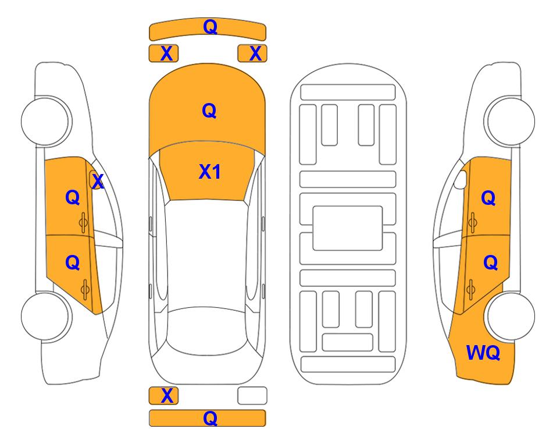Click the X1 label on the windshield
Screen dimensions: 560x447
(x=210, y=172)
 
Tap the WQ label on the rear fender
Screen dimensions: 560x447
(x=483, y=353)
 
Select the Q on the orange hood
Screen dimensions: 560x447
(x=209, y=111)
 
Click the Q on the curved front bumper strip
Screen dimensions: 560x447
(x=211, y=26)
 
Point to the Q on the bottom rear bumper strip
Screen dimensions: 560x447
(x=211, y=418)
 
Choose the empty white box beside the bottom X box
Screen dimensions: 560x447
(x=252, y=396)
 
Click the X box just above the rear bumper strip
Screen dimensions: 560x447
(x=163, y=396)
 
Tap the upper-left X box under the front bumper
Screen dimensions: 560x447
(x=163, y=54)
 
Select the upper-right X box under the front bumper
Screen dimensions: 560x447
(x=252, y=54)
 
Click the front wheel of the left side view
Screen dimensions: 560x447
(x=46, y=121)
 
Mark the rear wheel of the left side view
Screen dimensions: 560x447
(x=46, y=316)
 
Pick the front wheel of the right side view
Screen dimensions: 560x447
(x=509, y=121)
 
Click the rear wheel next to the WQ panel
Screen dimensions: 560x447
(x=511, y=316)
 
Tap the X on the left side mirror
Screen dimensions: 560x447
(x=98, y=182)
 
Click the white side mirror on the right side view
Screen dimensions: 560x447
(x=460, y=179)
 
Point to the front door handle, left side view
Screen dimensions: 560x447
(x=84, y=222)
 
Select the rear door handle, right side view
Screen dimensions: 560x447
(x=471, y=290)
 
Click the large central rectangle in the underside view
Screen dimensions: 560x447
(x=348, y=228)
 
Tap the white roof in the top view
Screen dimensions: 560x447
(x=206, y=254)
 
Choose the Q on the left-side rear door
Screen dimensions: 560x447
(x=73, y=263)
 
